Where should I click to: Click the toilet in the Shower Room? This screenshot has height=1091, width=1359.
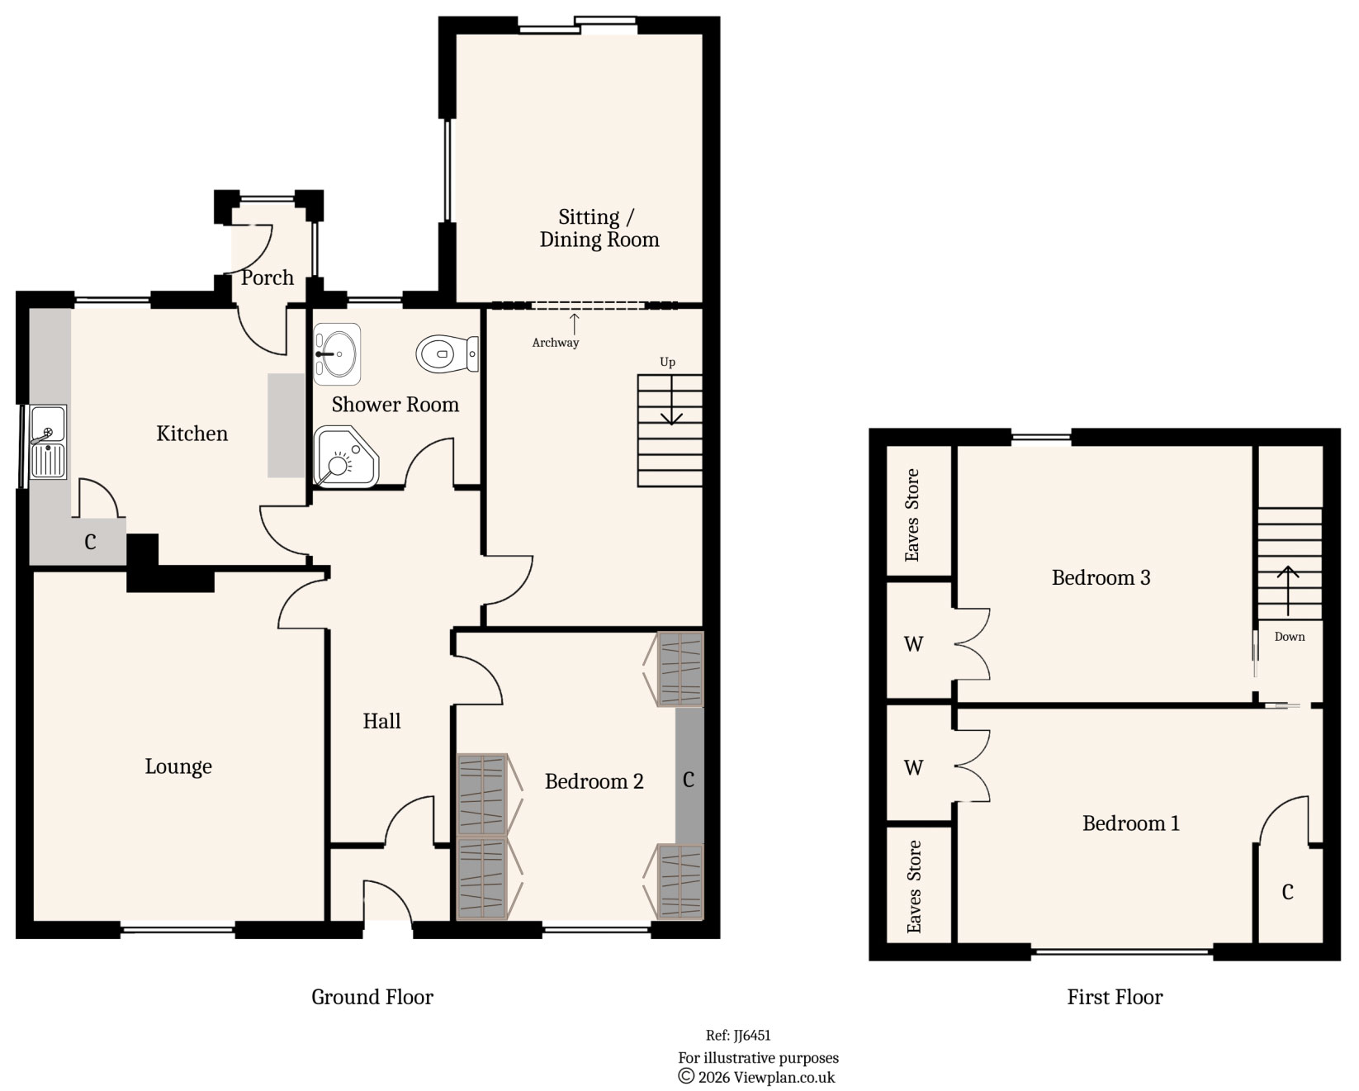pos(446,354)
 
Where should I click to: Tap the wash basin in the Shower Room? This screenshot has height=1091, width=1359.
pos(337,354)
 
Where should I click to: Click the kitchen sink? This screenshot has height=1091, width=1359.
pos(48,442)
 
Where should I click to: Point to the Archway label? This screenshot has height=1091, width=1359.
pos(555,343)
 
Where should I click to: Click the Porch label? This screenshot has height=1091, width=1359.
pos(268,278)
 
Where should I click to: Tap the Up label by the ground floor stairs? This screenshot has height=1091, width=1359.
pos(667,362)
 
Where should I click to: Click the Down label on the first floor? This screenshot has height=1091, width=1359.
pos(1289,637)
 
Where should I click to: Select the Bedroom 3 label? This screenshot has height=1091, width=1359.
pos(1101,578)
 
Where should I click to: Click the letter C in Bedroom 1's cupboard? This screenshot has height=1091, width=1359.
pos(1287,892)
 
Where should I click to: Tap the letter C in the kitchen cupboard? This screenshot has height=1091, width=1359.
pos(90,543)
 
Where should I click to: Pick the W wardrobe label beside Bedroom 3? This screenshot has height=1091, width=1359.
pos(913,644)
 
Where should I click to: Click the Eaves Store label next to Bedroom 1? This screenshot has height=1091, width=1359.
pos(914,886)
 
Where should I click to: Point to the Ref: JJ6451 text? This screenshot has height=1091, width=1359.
pos(738,1036)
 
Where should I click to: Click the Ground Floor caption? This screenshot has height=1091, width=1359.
pos(372,998)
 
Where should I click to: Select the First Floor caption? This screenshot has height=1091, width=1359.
pos(1114,998)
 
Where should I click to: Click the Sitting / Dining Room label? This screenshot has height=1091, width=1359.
pos(599,229)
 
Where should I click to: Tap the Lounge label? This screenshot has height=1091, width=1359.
pos(178,767)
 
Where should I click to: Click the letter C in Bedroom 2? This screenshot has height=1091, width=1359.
pos(689,779)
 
